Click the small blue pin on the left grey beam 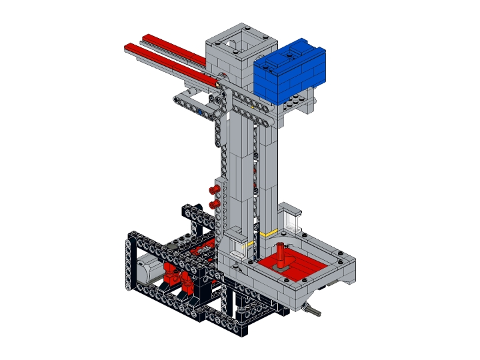pos(200,113)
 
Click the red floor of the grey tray pos(303,263)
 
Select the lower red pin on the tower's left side pos(215,203)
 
